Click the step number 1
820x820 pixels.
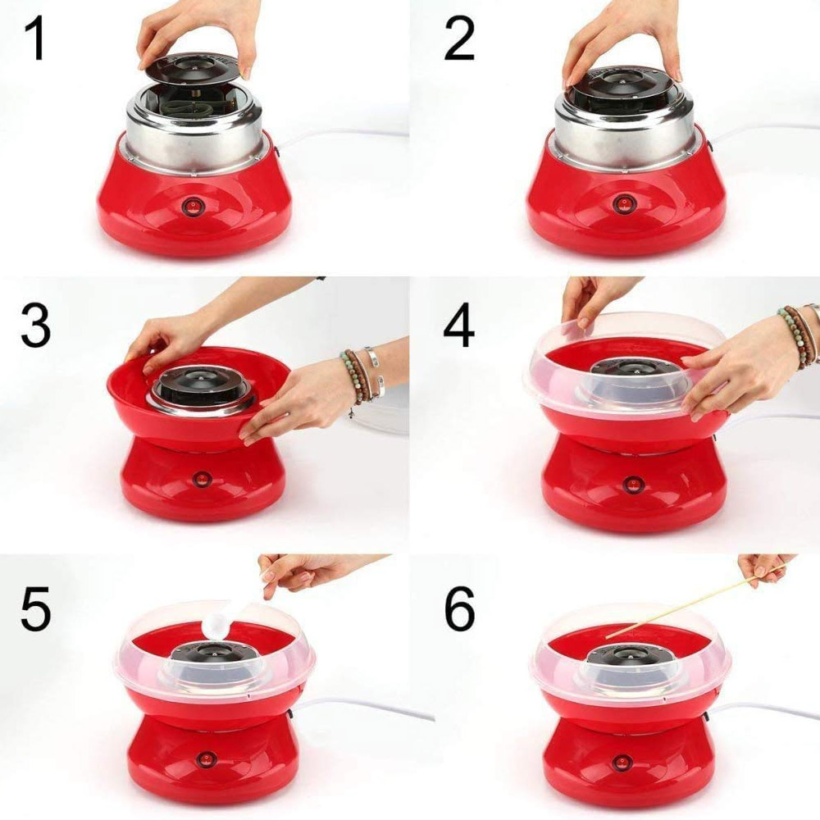coord(35,39)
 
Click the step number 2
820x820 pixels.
coord(459,39)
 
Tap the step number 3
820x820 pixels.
coord(35,326)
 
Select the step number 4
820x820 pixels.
coord(458,327)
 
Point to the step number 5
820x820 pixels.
coord(35,608)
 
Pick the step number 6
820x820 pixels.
coord(459,608)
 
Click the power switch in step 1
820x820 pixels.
coord(192,207)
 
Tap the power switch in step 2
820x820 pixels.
coord(623,203)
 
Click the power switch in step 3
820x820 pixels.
coord(202,479)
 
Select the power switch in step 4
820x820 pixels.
coord(632,485)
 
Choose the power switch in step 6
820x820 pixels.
coord(622,763)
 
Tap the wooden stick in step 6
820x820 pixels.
coord(695,601)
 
